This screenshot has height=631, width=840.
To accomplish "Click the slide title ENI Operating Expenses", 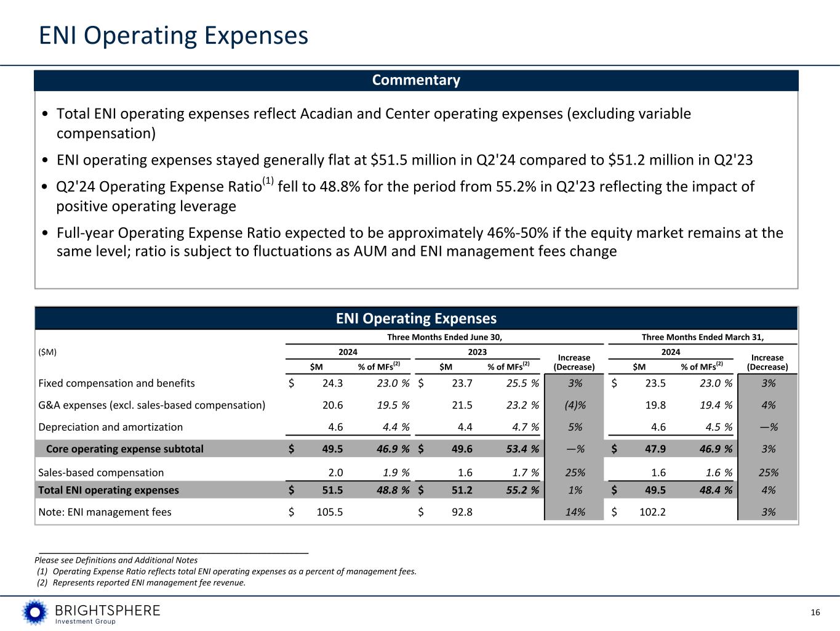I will (174, 36).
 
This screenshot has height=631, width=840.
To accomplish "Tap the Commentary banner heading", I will (416, 80).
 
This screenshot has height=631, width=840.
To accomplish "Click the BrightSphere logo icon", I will (35, 612).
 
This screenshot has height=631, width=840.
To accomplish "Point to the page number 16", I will (815, 612).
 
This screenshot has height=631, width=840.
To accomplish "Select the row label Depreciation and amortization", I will (111, 427).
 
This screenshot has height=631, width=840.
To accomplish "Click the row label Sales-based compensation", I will (101, 473).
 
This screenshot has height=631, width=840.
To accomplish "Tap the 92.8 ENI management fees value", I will (461, 512).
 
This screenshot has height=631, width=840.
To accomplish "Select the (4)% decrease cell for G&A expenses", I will (575, 405).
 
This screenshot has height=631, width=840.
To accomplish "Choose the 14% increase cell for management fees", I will (575, 512).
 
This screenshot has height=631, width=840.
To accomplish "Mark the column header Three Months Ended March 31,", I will (702, 337).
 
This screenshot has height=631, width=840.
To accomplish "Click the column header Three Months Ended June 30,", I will (444, 337).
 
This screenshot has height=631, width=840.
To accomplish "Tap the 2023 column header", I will (477, 352).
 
